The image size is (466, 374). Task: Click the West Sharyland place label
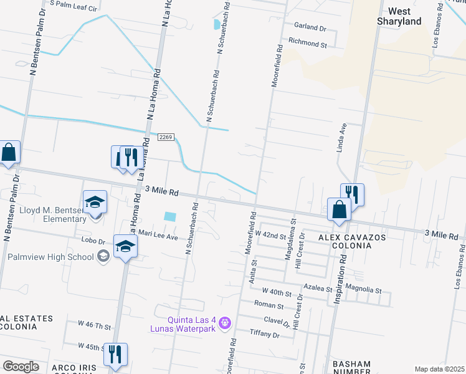coord(408,16)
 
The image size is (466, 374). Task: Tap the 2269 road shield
coord(165,137)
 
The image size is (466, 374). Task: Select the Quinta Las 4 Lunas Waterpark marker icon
coord(225,323)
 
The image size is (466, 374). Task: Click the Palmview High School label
coord(51,256)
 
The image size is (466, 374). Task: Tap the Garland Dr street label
coord(311,28)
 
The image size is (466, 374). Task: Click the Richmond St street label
coord(307,44)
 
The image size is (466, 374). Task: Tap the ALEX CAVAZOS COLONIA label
coord(352,241)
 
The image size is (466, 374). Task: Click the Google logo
coord(21,367)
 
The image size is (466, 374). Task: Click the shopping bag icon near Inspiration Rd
coord(339,210)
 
